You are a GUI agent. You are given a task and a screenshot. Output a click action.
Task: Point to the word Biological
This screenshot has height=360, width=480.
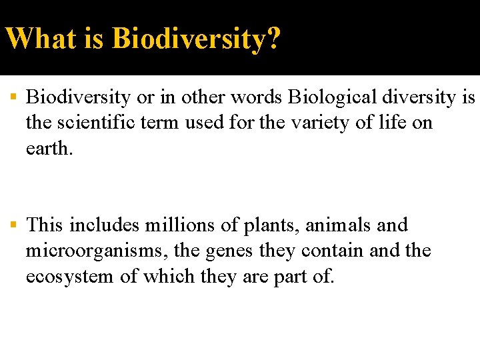point(327,98)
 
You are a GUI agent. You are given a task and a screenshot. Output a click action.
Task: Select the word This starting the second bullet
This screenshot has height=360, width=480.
point(44,225)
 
